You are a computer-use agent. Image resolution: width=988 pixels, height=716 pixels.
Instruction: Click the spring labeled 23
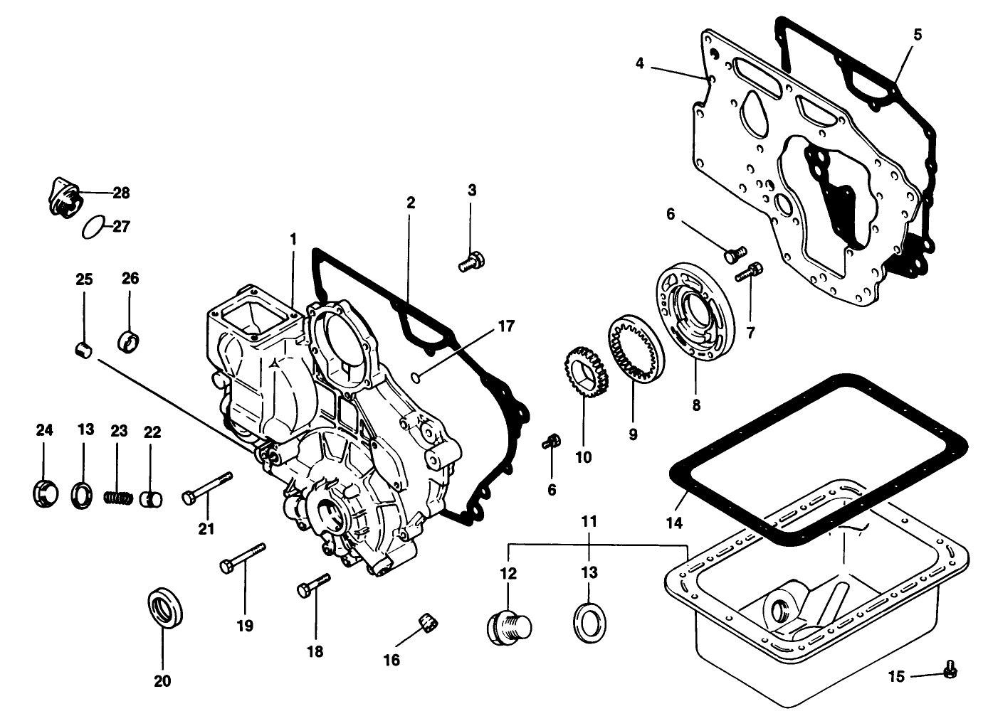point(118,496)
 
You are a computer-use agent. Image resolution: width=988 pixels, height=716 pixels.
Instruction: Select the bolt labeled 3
point(471,261)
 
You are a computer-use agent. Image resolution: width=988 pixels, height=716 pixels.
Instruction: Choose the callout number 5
point(918,34)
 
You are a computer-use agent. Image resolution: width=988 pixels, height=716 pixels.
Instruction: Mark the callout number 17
point(505,326)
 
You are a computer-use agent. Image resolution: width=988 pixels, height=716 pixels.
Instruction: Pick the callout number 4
point(639,64)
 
